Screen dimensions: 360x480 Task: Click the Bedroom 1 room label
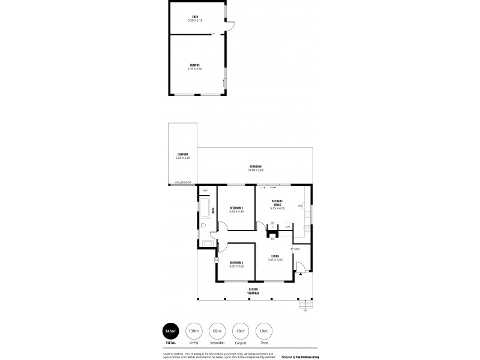click(x=236, y=208)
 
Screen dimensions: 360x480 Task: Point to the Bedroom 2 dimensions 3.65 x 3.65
click(x=236, y=266)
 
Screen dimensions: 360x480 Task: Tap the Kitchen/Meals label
click(x=277, y=202)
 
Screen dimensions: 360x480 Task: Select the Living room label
click(x=275, y=256)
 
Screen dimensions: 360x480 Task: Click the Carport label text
click(x=182, y=154)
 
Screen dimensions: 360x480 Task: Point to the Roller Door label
click(x=183, y=182)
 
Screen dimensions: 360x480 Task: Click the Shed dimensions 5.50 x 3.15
click(x=195, y=20)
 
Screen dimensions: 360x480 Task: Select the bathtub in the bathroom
click(x=203, y=210)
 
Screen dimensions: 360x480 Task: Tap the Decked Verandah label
click(x=254, y=290)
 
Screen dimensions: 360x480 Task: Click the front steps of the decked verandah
click(x=305, y=304)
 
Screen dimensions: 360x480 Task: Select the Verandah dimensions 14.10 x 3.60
click(x=255, y=170)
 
